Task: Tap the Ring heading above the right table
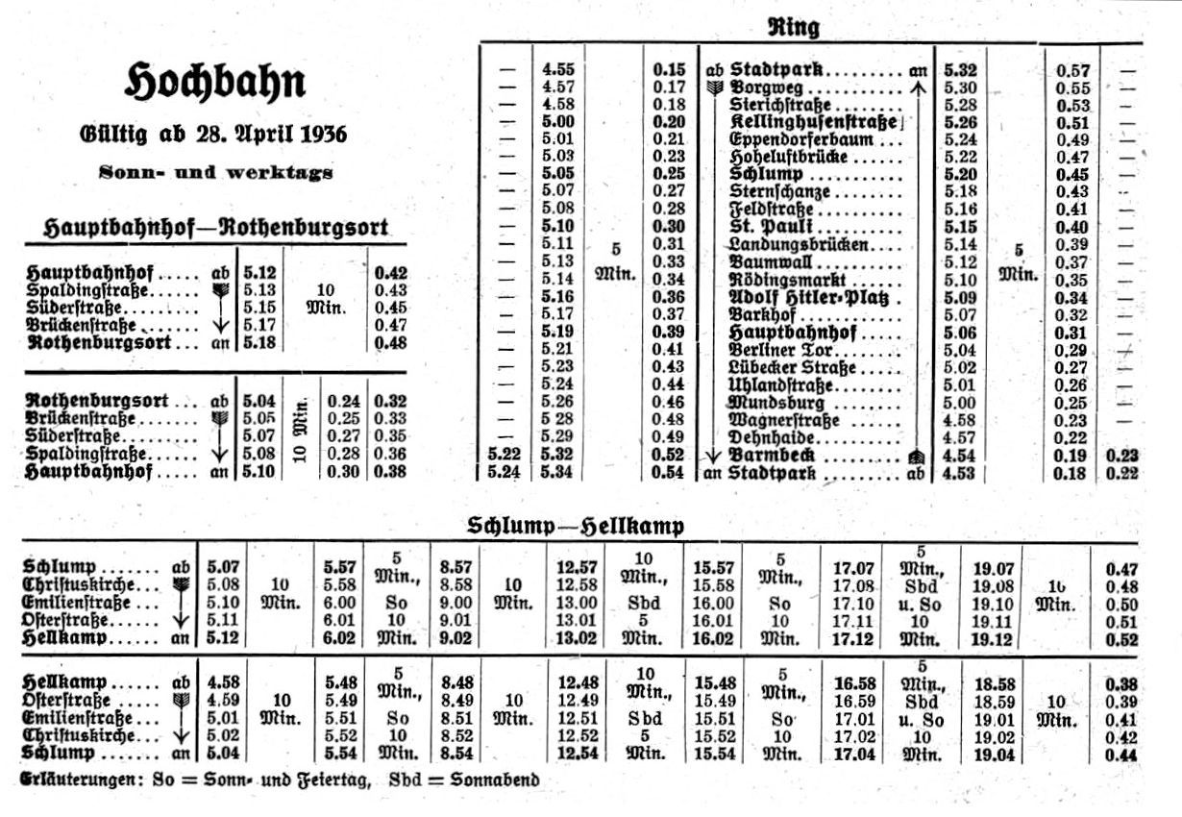point(793,27)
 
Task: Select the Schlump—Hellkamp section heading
point(576,526)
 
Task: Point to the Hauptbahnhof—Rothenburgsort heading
point(216,228)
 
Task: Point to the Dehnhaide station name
point(771,437)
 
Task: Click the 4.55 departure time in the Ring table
point(558,69)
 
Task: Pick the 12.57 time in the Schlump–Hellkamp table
point(578,567)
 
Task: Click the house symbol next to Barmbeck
point(914,457)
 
